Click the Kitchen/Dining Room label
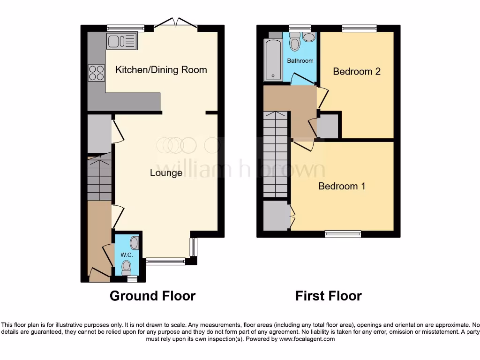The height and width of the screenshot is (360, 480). pos(161,70)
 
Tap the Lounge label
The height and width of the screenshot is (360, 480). pos(166,173)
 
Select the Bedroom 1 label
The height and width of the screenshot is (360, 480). pos(342,186)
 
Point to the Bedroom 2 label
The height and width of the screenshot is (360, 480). pos(357,71)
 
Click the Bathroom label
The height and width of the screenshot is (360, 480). pos(300,61)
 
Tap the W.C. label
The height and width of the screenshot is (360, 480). pos(127,255)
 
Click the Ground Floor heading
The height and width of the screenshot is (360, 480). pos(152,296)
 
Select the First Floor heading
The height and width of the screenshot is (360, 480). pos(328,296)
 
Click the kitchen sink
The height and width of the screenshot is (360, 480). pos(122,41)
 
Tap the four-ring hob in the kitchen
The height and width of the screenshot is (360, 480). pos(97,72)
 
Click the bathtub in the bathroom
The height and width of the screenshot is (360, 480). pos(273,60)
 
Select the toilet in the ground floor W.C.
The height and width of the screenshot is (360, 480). pos(126,268)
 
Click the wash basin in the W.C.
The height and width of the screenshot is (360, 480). pos(134,243)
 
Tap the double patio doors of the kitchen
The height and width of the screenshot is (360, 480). pos(175,23)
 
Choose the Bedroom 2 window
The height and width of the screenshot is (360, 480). pos(359,29)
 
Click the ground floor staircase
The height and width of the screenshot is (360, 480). pos(99,178)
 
